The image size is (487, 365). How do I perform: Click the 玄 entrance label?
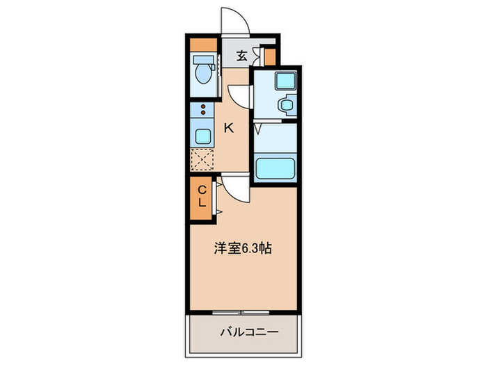coord(241,56)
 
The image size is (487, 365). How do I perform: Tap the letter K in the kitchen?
coord(227,127)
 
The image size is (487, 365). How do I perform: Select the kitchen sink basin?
coord(202,134)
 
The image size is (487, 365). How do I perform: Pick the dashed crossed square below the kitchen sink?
coord(202,159)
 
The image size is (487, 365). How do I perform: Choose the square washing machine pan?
coord(285,80)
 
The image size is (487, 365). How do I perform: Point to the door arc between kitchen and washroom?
coord(240,95)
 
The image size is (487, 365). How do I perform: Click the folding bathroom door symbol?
coord(257,128)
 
